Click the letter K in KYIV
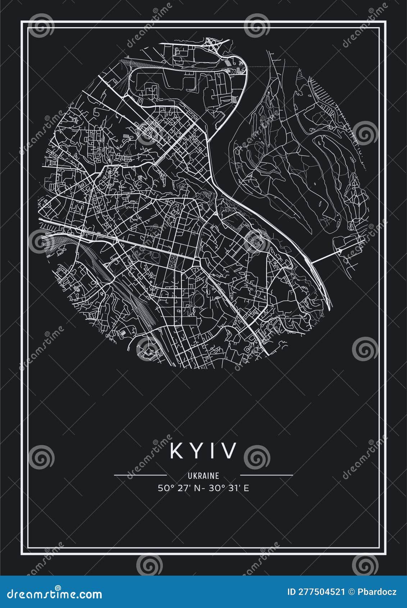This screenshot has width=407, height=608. click(x=177, y=450)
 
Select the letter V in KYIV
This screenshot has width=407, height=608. click(x=230, y=450)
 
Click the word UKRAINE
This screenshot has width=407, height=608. click(x=203, y=476)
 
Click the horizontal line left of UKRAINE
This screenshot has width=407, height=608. click(x=140, y=475)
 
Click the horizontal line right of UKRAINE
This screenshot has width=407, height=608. click(x=266, y=475)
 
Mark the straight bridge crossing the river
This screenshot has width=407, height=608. click(x=325, y=257)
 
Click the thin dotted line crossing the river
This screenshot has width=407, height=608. click(x=273, y=67)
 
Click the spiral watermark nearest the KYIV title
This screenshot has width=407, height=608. click(x=257, y=457)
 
